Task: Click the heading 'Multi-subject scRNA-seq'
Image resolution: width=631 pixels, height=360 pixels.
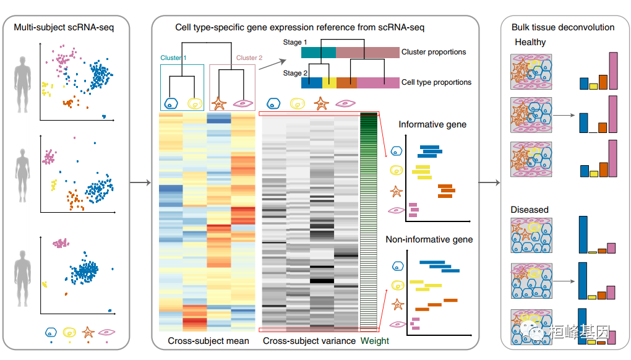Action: click(64, 27)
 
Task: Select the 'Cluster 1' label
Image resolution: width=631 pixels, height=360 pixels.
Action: click(173, 58)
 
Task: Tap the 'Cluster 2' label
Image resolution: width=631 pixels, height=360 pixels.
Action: click(249, 58)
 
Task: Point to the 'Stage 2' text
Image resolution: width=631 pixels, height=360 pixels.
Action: click(293, 73)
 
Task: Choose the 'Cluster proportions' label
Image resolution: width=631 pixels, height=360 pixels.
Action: click(433, 52)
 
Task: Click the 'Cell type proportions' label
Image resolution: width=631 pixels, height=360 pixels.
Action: click(436, 82)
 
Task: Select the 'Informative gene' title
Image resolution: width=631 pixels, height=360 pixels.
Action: click(432, 124)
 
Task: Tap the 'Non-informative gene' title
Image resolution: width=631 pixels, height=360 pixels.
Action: click(429, 239)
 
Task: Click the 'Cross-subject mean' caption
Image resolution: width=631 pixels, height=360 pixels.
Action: click(208, 341)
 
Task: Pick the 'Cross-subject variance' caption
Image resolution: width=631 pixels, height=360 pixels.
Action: click(309, 341)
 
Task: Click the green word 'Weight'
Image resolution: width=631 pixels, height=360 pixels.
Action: click(375, 341)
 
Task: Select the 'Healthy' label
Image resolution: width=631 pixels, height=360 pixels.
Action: click(530, 42)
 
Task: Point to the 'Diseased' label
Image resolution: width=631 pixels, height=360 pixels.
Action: click(530, 210)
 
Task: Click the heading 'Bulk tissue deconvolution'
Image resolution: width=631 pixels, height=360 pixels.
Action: click(563, 27)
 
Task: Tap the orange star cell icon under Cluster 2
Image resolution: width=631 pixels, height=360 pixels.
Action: click(218, 103)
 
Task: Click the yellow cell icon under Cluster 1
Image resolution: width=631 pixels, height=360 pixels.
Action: click(194, 103)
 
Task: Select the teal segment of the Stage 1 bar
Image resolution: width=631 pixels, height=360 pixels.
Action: click(319, 53)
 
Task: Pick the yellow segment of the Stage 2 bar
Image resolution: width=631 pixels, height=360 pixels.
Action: click(330, 82)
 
